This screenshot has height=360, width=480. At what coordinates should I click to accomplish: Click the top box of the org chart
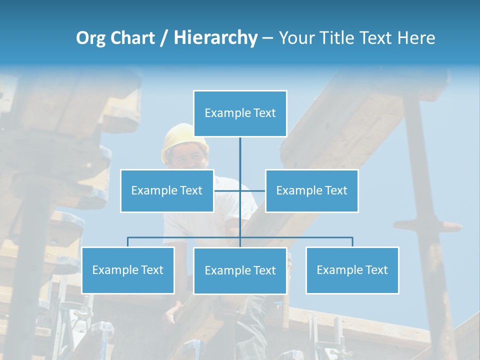pos(240,113)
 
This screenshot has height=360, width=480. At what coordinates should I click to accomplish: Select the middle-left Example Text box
pos(167,190)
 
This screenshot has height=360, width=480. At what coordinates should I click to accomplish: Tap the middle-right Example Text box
pos(311,190)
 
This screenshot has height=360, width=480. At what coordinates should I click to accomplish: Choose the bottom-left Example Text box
pos(128,270)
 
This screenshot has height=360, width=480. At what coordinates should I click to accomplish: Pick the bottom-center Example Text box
pos(240,270)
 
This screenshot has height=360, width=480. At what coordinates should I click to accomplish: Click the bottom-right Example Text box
pos(352,270)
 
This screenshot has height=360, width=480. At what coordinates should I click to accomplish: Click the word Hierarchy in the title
pos(215,38)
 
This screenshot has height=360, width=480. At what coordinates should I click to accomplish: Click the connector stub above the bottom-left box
pos(128,242)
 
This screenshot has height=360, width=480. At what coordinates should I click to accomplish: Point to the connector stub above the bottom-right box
pos(352,242)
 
